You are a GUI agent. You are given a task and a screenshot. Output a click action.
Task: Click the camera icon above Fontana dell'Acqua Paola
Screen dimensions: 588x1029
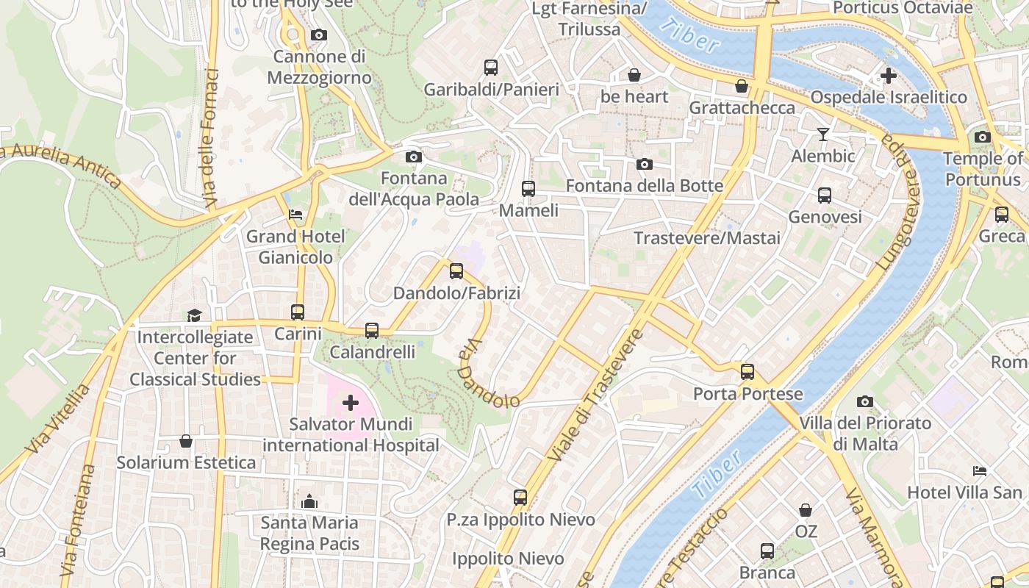tap(414, 157)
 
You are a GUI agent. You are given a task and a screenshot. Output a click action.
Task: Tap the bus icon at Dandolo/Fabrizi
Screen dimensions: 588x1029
tap(456, 271)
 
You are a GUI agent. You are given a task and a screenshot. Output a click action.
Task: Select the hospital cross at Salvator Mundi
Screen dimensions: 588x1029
tap(351, 402)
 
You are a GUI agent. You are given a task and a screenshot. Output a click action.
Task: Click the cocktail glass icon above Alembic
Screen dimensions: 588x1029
tap(822, 134)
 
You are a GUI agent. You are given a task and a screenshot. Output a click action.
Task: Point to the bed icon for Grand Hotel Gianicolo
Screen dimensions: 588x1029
tap(295, 215)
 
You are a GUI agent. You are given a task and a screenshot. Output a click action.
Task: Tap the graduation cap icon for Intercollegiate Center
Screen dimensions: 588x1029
tap(194, 315)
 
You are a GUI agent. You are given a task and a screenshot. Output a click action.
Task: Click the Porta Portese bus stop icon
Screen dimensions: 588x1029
tap(747, 372)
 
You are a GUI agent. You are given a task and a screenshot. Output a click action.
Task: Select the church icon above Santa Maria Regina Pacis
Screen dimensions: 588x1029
tap(309, 501)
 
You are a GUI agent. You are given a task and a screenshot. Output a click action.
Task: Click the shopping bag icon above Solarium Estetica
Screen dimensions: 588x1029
tap(186, 441)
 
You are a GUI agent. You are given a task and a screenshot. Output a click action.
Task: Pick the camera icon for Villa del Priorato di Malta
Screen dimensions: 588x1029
tap(865, 401)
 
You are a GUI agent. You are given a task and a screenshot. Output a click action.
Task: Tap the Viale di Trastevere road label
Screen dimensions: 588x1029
tap(595, 395)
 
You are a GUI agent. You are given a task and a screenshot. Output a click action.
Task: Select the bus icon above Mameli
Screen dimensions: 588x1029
tap(528, 189)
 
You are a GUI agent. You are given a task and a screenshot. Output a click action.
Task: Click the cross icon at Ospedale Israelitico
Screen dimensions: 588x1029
tap(889, 75)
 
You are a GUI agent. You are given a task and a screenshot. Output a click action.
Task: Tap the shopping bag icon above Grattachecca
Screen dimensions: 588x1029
tap(742, 86)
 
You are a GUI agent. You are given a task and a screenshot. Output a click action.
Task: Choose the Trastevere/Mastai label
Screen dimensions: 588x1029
tap(707, 238)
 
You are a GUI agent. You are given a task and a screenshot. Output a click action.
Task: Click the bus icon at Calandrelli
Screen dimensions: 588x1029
tap(372, 331)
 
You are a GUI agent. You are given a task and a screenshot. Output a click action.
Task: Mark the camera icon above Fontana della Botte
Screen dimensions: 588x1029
tap(645, 164)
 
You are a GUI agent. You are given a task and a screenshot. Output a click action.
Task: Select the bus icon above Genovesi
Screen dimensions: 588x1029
tap(825, 196)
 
